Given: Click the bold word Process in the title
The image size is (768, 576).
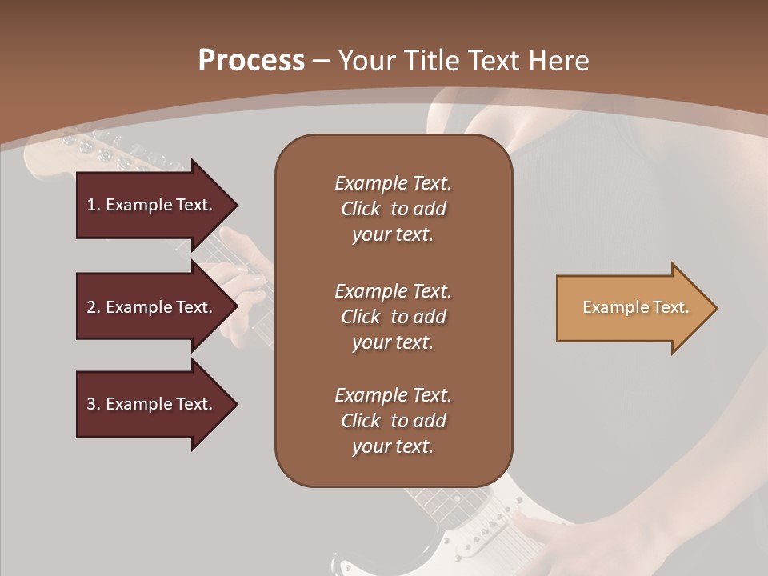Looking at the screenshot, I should (x=251, y=61).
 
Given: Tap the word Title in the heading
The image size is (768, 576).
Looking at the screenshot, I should (x=430, y=61).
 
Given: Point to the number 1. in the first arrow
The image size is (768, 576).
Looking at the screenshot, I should (x=94, y=205).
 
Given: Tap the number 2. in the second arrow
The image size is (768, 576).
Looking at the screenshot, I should (x=94, y=307).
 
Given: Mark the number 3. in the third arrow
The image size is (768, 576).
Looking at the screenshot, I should (x=94, y=404).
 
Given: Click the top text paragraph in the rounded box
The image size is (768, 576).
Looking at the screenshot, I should (x=393, y=209).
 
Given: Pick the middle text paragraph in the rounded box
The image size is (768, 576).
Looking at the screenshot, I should (x=393, y=317).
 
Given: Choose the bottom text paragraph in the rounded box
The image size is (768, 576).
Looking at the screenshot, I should (x=393, y=421).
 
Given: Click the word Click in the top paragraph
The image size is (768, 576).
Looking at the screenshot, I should (x=361, y=209).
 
